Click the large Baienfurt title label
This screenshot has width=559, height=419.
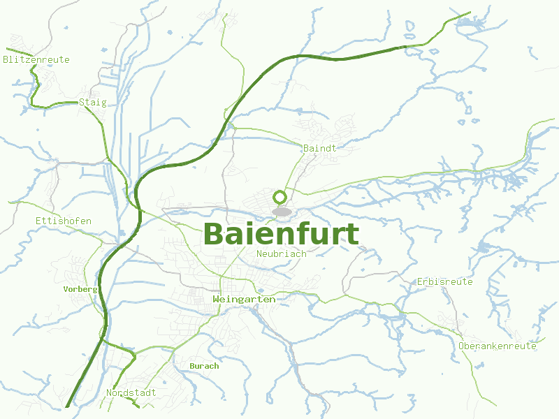[281, 235]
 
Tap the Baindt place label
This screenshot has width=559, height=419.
[320, 148]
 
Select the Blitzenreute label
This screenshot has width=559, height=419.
[36, 59]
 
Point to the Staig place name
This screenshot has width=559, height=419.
[93, 102]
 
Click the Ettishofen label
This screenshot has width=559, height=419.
[63, 221]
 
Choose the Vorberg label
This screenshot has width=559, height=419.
[80, 288]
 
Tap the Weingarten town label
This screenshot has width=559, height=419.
[244, 299]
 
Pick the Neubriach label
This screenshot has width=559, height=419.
[282, 253]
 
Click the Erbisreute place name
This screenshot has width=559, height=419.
[444, 281]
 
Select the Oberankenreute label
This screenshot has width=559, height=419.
[498, 346]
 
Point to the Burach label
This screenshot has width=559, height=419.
[204, 365]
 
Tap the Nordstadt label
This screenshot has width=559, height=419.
[131, 392]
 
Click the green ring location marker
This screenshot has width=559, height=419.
[281, 197]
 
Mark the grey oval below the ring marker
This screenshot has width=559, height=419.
[281, 211]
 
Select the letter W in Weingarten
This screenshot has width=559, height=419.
[215, 299]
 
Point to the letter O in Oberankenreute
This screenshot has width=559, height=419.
[462, 346]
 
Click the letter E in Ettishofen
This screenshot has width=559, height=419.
[38, 221]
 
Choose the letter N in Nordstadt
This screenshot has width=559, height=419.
[109, 392]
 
